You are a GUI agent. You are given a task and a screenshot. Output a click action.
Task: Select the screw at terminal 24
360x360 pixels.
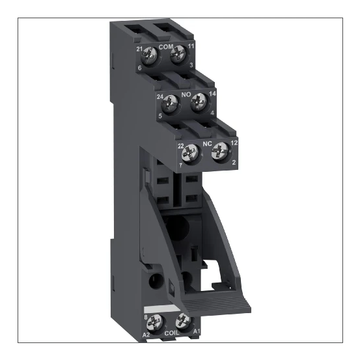coord(171,102)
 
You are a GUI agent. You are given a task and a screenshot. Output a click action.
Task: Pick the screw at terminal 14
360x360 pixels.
coord(199,102)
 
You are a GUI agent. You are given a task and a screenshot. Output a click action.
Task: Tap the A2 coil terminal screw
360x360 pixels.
coord(157,321)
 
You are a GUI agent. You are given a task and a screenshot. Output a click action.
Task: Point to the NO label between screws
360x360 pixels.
coord(186,94)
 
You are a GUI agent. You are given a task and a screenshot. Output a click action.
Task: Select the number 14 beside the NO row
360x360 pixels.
coord(212,95)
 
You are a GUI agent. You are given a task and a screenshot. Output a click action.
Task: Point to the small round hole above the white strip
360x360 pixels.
coord(156,283)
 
